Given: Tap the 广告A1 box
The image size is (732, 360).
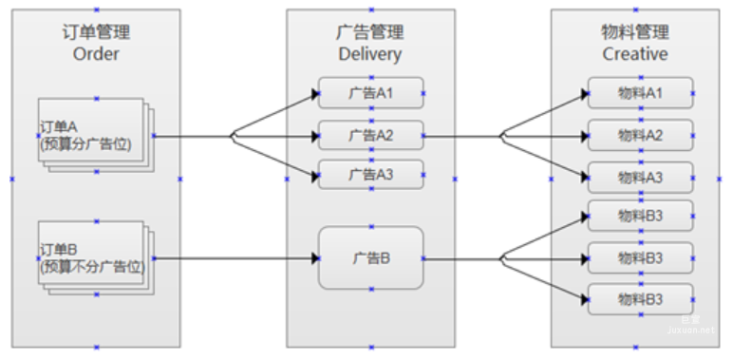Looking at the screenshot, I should pyautogui.click(x=371, y=93).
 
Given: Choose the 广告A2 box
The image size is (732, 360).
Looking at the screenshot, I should pyautogui.click(x=371, y=135).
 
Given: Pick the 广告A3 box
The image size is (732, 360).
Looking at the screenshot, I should pyautogui.click(x=371, y=175).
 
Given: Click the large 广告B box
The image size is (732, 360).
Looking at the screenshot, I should pyautogui.click(x=371, y=257).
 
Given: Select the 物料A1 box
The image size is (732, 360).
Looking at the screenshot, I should pyautogui.click(x=640, y=93).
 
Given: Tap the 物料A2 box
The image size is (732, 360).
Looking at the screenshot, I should pyautogui.click(x=640, y=135).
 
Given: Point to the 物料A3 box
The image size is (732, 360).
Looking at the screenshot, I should pyautogui.click(x=640, y=177).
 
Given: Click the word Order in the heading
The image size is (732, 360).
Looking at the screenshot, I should pyautogui.click(x=96, y=54).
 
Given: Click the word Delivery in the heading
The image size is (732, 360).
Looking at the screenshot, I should pyautogui.click(x=370, y=54).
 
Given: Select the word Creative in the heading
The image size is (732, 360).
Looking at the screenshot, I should pyautogui.click(x=635, y=54).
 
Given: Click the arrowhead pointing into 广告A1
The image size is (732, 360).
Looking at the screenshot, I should pyautogui.click(x=313, y=93).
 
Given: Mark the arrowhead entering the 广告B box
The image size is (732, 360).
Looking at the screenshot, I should pyautogui.click(x=313, y=257).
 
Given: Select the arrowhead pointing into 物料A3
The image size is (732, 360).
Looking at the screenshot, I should pyautogui.click(x=582, y=177).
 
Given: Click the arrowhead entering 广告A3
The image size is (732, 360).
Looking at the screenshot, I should pyautogui.click(x=313, y=175).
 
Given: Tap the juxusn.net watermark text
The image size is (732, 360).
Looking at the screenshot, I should pyautogui.click(x=696, y=330).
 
